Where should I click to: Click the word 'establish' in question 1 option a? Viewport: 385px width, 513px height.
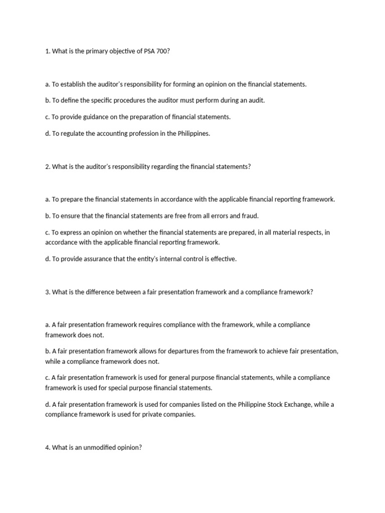tap(74, 84)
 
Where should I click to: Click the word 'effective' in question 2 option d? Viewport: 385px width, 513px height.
tap(222, 259)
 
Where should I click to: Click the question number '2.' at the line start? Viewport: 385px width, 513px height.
tap(48, 167)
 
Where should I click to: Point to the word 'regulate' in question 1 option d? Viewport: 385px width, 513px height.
tap(73, 134)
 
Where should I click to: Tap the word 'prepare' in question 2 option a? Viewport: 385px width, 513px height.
tap(72, 199)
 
